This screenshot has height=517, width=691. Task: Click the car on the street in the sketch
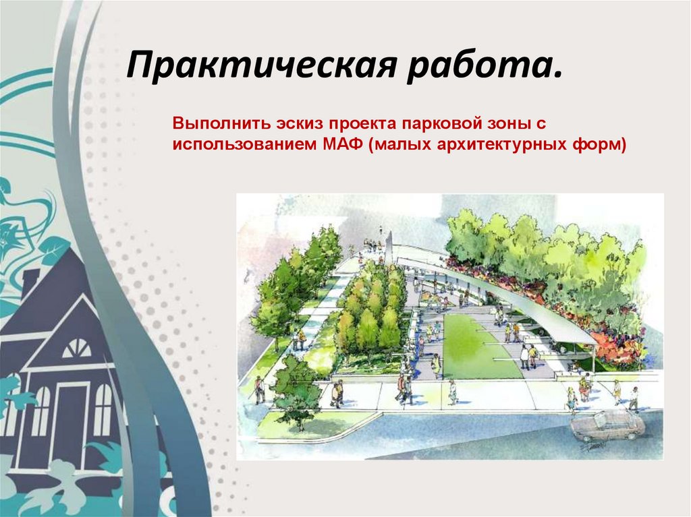click(607, 424)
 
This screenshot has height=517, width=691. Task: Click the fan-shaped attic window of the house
click(76, 348)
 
